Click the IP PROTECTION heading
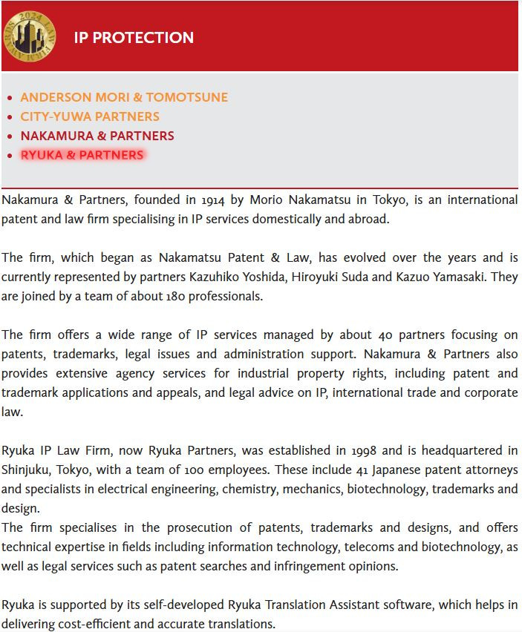(134, 38)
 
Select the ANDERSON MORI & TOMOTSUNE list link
(124, 97)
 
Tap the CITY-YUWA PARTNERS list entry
(90, 116)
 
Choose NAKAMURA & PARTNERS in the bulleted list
(97, 136)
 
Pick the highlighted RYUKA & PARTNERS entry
(82, 155)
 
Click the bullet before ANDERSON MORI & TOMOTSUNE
(10, 98)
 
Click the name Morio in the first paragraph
(267, 200)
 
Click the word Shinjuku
(27, 470)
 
